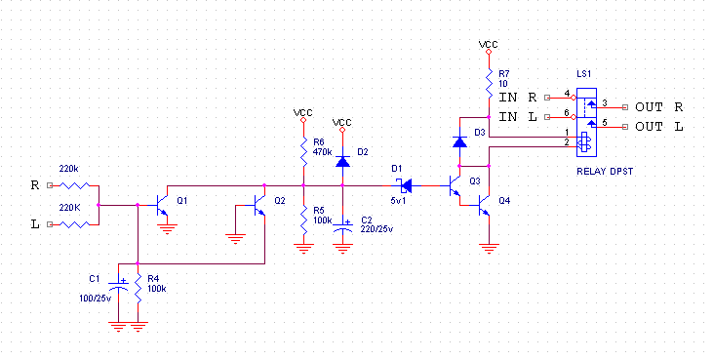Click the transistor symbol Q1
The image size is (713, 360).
162,206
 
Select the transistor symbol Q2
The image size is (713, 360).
259,206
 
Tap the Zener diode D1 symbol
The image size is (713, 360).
405,185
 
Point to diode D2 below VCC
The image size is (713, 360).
342,161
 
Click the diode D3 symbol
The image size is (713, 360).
459,142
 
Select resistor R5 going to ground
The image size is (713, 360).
303,220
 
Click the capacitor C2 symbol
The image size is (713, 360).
342,226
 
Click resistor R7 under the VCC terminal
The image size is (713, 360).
489,84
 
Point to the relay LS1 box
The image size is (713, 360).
586,122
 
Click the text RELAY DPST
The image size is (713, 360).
605,172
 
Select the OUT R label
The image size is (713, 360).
659,107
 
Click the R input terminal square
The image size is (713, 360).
50,185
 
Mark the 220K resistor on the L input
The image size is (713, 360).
74,224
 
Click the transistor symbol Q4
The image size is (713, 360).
484,206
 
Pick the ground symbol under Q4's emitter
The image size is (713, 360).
489,248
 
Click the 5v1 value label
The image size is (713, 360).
398,200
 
